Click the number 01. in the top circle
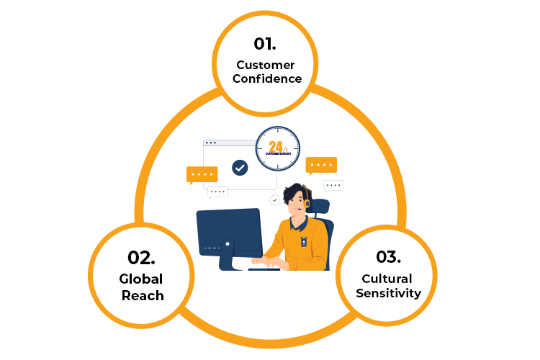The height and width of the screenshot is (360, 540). tap(266, 43)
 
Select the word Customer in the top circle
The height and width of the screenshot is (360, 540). tap(266, 65)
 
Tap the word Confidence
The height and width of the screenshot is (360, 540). tap(266, 79)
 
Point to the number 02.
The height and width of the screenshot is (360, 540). tap(142, 257)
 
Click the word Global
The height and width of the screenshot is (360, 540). tap(142, 279)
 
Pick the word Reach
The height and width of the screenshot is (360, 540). tap(142, 295)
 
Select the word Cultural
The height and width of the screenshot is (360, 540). tap(387, 279)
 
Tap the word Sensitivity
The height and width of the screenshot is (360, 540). tap(387, 294)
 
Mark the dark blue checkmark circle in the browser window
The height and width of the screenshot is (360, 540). tap(240, 168)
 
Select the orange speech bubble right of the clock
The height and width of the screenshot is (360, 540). tap(321, 165)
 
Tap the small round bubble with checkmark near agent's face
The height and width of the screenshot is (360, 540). tap(274, 199)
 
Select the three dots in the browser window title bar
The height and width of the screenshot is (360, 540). tap(211, 143)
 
